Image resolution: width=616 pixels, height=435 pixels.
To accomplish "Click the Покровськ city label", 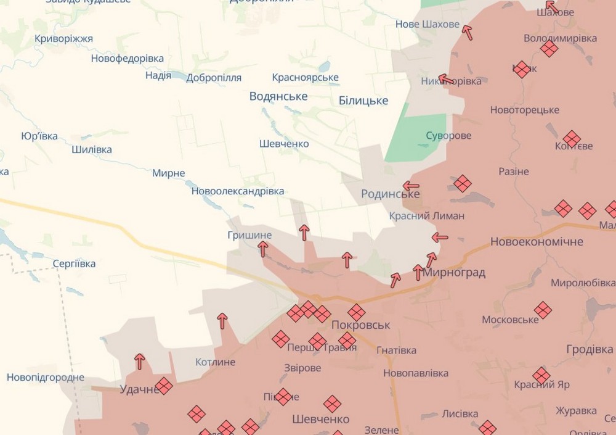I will [360, 325].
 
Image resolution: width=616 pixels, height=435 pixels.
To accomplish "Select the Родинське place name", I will [391, 194].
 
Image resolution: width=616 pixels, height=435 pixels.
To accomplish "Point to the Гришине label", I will [249, 235].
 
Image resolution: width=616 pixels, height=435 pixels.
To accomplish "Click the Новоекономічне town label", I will [536, 242].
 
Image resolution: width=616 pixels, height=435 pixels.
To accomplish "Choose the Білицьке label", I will [363, 101].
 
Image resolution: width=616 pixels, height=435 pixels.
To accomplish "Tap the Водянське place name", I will [278, 96].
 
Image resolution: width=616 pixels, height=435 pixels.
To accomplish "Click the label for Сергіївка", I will [74, 263].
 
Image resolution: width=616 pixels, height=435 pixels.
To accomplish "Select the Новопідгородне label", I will [46, 377].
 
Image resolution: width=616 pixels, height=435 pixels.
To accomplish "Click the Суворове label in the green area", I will [448, 136].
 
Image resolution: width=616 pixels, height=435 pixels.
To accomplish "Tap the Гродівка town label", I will [590, 350].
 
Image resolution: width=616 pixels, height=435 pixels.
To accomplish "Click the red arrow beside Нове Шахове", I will [468, 32].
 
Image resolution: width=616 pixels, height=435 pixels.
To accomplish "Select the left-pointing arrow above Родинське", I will [410, 185].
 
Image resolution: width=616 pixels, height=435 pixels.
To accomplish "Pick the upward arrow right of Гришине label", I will [304, 233].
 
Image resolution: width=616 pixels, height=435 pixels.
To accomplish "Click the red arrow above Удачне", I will [140, 362].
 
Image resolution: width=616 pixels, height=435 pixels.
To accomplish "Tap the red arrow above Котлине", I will [222, 321].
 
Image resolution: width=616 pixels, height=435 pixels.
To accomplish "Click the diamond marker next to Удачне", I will [164, 386].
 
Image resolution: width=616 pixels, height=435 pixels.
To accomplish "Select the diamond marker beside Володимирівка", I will [549, 48].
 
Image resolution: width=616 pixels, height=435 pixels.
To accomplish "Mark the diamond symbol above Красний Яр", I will [541, 375].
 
